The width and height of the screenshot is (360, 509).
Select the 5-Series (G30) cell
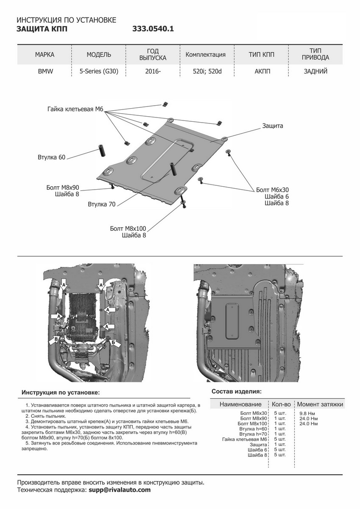point(99,71)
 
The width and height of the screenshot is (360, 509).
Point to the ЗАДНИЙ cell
point(315,71)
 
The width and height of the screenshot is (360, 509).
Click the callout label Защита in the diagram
point(272,126)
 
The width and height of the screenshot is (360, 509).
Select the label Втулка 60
point(51,158)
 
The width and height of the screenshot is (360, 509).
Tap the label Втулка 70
point(102,204)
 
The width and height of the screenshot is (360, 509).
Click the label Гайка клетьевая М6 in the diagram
point(75,109)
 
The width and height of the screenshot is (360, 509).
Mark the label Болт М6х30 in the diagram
point(272,190)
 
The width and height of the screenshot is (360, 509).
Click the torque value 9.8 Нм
point(307,413)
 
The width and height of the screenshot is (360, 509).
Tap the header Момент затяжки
point(320,404)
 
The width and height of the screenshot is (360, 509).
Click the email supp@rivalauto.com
point(120,490)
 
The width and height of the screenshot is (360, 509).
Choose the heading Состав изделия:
point(236,391)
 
